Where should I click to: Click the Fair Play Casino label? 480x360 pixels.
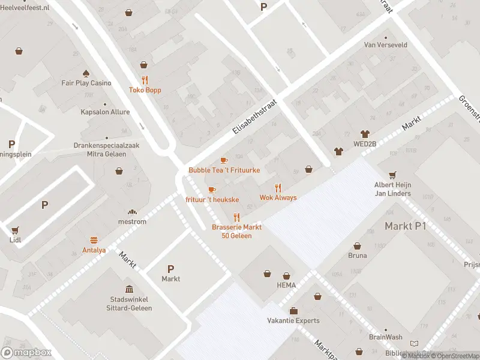86,83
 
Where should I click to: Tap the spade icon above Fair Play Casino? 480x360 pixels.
86,73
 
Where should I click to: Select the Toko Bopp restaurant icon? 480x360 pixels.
145,80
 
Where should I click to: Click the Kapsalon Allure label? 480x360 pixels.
105,112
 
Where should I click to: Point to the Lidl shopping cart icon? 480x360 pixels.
14,229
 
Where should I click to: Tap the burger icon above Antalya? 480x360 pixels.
94,239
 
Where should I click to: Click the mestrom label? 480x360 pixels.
133,221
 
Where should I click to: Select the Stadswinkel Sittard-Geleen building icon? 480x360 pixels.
130,289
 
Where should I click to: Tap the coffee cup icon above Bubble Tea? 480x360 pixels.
224,160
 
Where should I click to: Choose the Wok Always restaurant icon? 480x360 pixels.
278,187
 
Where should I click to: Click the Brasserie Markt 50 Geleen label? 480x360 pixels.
236,231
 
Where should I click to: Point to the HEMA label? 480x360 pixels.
286,286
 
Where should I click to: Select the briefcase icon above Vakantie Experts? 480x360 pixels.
293,310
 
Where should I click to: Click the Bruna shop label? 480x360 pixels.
358,256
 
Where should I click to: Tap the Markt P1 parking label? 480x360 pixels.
405,226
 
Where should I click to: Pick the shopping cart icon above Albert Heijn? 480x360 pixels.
392,175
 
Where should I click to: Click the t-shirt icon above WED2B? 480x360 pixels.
364,134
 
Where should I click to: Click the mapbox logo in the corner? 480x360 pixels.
26,353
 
